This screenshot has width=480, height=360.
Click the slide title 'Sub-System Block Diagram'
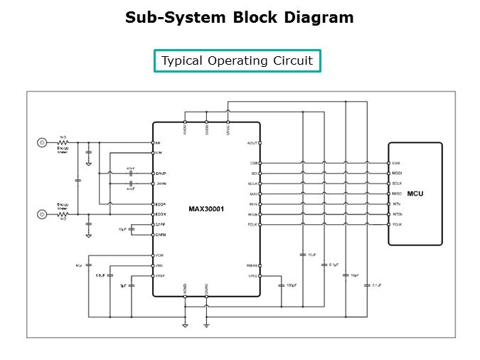pyautogui.click(x=239, y=18)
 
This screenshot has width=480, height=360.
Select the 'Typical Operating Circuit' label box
pyautogui.click(x=237, y=60)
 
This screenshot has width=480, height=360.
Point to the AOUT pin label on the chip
pyautogui.click(x=252, y=143)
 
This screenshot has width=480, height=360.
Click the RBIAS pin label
pyautogui.click(x=251, y=265)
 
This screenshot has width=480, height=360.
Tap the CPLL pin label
pyautogui.click(x=252, y=275)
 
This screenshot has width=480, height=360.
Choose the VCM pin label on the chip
pyautogui.click(x=160, y=255)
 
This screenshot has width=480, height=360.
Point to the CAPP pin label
pyautogui.click(x=160, y=225)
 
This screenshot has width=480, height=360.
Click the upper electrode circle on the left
pyautogui.click(x=42, y=143)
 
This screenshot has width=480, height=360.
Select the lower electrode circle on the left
pyautogui.click(x=42, y=213)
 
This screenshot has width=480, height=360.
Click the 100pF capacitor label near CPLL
pyautogui.click(x=291, y=285)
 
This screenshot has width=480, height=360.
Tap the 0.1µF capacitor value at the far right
pyautogui.click(x=377, y=285)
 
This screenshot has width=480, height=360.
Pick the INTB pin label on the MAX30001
pyautogui.click(x=252, y=204)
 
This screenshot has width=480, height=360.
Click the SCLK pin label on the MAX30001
pyautogui.click(x=252, y=184)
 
